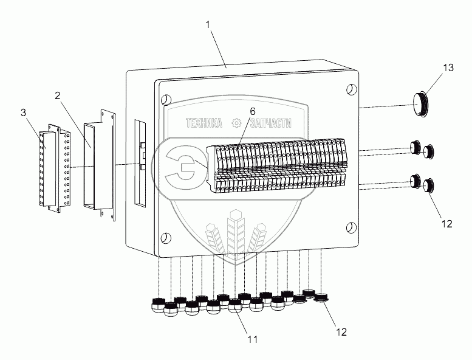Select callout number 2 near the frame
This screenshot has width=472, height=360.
coord(57,95)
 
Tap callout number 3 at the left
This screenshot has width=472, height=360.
coord(23,112)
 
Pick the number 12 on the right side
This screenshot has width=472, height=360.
coord(446,223)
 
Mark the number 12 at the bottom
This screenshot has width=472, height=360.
coord(341,332)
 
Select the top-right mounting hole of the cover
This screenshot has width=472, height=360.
coord(351,90)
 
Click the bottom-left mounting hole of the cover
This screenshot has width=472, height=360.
coord(165,237)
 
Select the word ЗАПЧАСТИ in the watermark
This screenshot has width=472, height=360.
coord(268,123)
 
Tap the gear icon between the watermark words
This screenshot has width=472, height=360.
coord(236,123)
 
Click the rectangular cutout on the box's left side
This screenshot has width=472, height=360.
coord(140,162)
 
